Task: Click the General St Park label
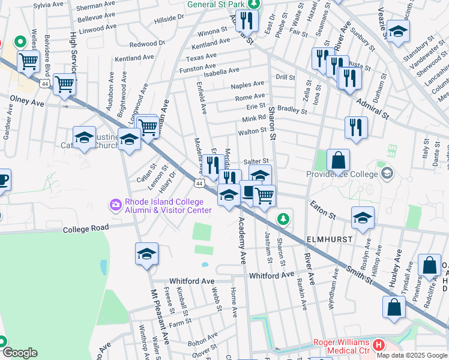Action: [x=215, y=4]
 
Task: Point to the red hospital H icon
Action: [x=378, y=346]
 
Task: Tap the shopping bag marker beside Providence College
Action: [x=338, y=160]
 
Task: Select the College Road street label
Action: [x=88, y=229]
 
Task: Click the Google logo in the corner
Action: [x=20, y=353]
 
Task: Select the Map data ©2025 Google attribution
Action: [x=412, y=355]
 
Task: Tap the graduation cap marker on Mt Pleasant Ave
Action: [x=146, y=254]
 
